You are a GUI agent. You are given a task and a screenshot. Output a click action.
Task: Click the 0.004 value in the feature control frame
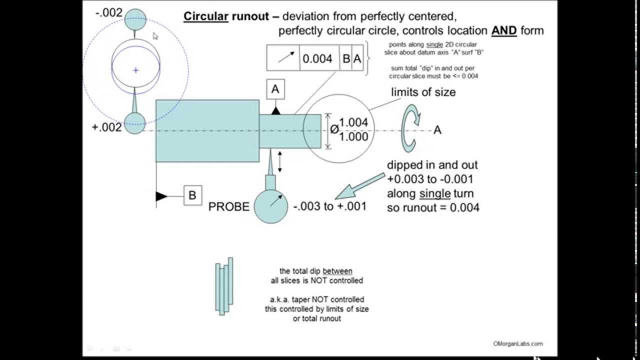(317, 59)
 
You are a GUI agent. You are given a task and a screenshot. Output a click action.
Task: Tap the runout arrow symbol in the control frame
(283, 58)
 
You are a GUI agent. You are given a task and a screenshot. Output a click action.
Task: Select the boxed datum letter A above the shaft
(275, 89)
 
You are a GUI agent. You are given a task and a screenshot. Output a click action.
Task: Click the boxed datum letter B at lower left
(192, 195)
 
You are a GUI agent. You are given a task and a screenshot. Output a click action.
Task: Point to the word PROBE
(228, 206)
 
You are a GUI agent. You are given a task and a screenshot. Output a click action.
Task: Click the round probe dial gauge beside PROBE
(271, 205)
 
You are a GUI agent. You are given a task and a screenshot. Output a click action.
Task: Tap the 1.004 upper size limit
(353, 122)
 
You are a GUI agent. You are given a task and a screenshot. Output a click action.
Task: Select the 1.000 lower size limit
(353, 136)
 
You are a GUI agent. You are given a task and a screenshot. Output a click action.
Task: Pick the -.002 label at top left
(108, 12)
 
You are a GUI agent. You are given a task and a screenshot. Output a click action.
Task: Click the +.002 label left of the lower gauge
(107, 127)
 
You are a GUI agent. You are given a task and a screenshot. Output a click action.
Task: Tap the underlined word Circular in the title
(206, 16)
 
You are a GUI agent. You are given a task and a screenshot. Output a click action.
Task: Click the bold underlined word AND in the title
(503, 30)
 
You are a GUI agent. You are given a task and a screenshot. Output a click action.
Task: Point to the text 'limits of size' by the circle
(423, 92)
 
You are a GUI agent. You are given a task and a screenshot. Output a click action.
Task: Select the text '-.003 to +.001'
(329, 206)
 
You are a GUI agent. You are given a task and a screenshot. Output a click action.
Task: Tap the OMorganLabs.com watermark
(517, 343)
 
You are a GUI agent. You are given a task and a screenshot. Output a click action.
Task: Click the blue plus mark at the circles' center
(135, 70)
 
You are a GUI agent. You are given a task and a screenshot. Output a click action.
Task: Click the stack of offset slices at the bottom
(224, 286)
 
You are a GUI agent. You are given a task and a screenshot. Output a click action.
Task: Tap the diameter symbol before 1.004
(334, 129)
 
